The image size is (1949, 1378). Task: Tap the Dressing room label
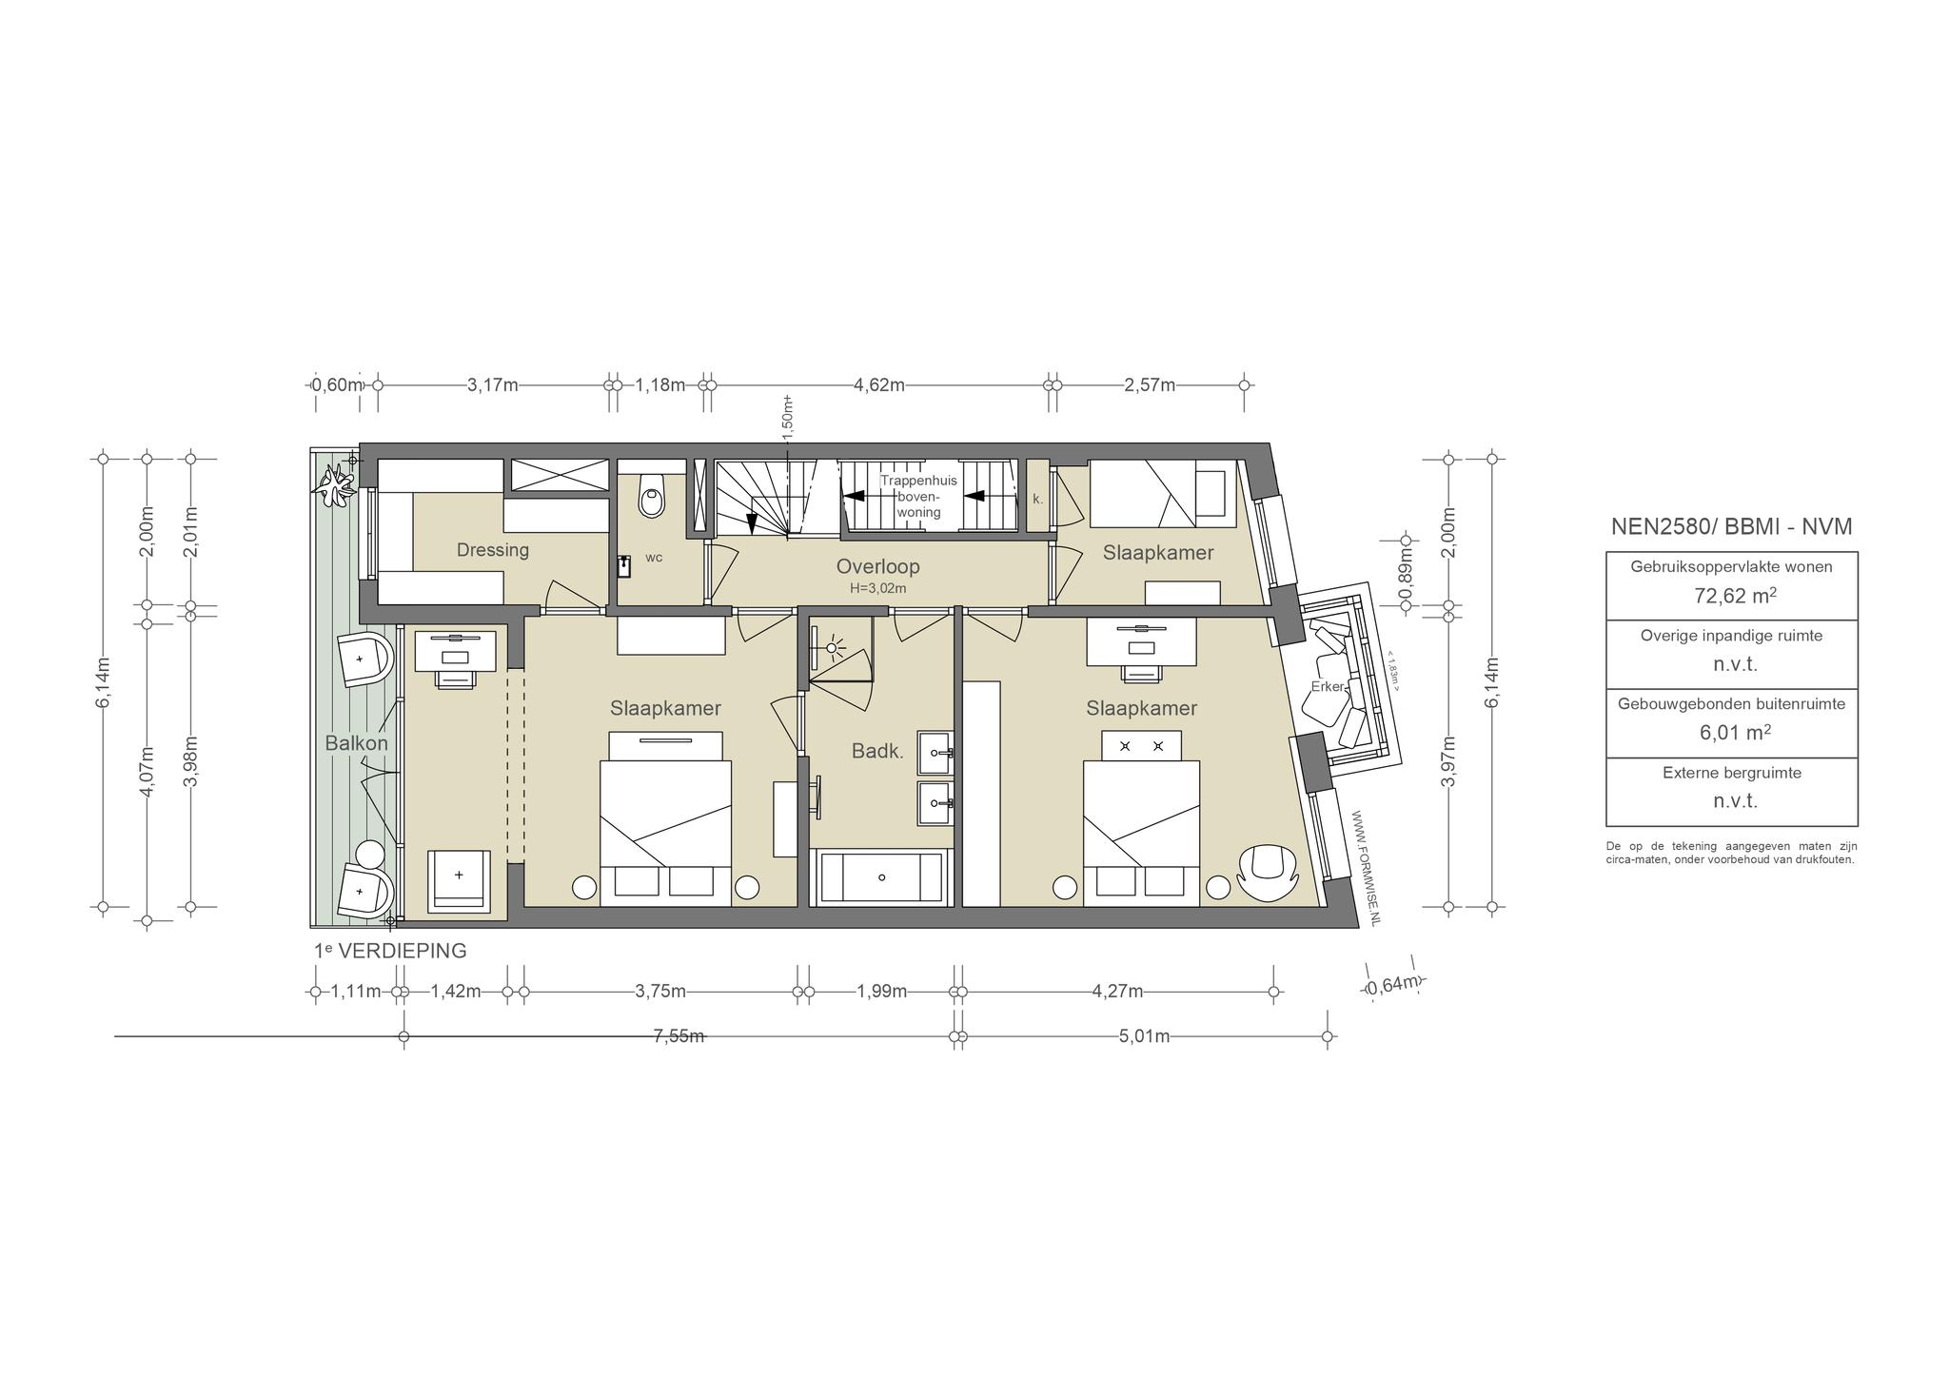click(492, 550)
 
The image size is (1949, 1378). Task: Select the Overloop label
click(877, 566)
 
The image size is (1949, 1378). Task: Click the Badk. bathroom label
click(877, 751)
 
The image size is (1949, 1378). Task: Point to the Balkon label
click(357, 743)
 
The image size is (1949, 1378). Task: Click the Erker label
click(1328, 686)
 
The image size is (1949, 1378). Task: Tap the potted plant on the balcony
click(336, 488)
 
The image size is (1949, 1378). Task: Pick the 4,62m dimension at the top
click(879, 384)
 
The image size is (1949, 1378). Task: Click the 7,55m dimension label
click(679, 1036)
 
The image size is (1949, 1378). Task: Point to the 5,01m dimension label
click(1144, 1036)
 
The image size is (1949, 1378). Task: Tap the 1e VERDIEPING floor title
click(390, 951)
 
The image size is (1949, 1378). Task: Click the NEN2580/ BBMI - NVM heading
click(1732, 526)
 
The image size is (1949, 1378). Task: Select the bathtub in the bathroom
click(881, 877)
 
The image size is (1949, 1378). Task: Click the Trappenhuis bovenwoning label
click(918, 497)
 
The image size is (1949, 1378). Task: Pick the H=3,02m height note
click(877, 589)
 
